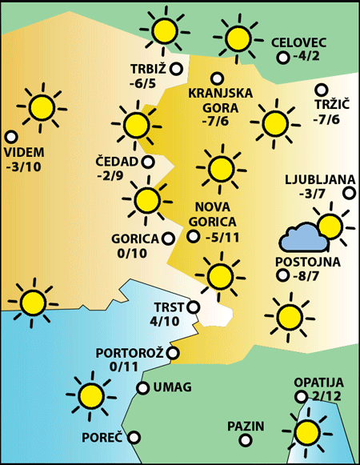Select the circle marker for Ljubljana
tap(349, 192)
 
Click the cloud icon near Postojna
tap(302, 236)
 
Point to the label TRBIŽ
tap(150, 68)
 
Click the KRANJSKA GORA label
tap(220, 99)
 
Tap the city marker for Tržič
tap(322, 90)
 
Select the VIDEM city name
tap(24, 152)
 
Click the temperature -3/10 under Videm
tap(24, 167)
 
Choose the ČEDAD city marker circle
tap(148, 162)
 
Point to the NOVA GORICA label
tap(214, 214)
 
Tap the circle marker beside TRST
tap(193, 306)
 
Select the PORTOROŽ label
tap(129, 353)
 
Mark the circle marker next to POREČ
tap(134, 437)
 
